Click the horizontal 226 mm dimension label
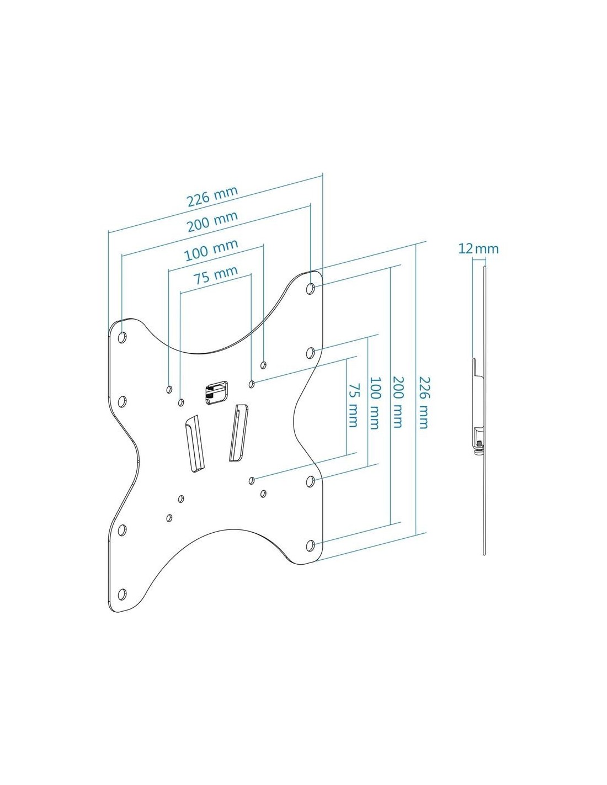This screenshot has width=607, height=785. coord(212,197)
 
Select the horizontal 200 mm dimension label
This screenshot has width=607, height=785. coord(212,221)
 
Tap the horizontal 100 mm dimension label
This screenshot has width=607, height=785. coord(211,250)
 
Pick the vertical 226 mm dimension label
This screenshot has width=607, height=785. coord(423,402)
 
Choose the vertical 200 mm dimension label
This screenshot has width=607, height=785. coord(397,402)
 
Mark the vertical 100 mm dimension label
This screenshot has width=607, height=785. coord(374,403)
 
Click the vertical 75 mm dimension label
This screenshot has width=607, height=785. coord(352,405)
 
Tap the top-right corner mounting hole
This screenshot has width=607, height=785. coord(310,289)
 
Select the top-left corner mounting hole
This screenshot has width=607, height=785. coord(122,338)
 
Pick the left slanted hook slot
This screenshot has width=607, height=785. coord(195,443)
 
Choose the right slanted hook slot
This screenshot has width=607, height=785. coord(238,433)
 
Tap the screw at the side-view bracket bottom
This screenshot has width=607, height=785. coord(478,445)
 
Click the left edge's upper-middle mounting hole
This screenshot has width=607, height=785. coord(122,401)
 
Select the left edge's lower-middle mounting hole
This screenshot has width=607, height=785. coord(122,530)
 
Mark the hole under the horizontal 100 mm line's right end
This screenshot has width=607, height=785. coord(263,365)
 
